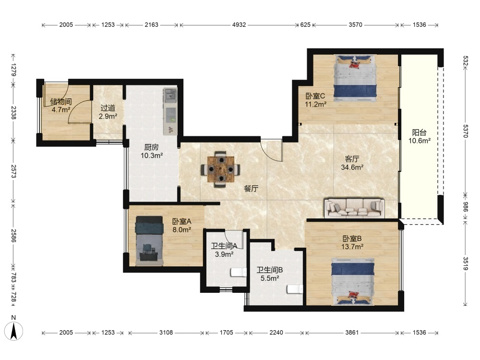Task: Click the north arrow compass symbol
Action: pyautogui.click(x=14, y=331)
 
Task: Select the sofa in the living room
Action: pyautogui.click(x=355, y=208)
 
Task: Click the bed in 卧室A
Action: pyautogui.click(x=149, y=240)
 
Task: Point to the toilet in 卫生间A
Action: pyautogui.click(x=239, y=272)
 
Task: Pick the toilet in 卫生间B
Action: pyautogui.click(x=295, y=289)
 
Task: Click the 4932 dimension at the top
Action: pyautogui.click(x=239, y=25)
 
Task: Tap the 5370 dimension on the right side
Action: pyautogui.click(x=465, y=131)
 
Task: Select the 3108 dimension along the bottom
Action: pyautogui.click(x=166, y=333)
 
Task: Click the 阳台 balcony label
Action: pyautogui.click(x=419, y=132)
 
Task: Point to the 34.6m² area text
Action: pyautogui.click(x=352, y=168)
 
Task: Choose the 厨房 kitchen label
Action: pyautogui.click(x=152, y=147)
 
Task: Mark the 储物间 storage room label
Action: pyautogui.click(x=61, y=101)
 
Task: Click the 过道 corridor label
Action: pyautogui.click(x=108, y=108)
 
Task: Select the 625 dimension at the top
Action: pyautogui.click(x=305, y=25)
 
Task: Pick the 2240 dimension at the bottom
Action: pyautogui.click(x=276, y=333)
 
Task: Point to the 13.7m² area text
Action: pyautogui.click(x=352, y=247)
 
